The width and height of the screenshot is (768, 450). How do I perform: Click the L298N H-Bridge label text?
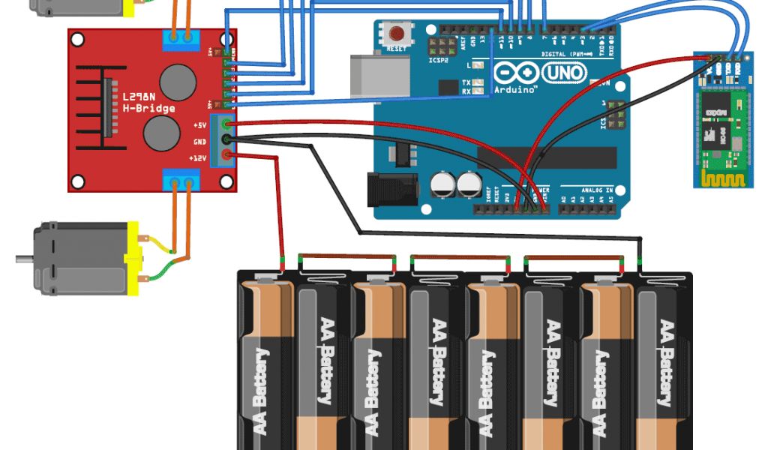(x=148, y=103)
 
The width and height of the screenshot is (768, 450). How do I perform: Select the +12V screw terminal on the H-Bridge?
(x=226, y=156)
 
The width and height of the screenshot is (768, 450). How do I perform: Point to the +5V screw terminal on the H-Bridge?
(x=226, y=124)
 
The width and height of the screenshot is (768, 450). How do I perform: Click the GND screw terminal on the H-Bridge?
(x=226, y=140)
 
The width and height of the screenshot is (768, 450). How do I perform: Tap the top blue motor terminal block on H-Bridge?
(x=181, y=39)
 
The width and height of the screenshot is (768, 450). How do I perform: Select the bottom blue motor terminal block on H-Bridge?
(x=181, y=181)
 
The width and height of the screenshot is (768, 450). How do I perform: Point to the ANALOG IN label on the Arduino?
(x=598, y=191)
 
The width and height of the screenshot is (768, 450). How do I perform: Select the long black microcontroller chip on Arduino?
(x=547, y=157)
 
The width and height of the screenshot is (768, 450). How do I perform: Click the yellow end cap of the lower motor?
(x=134, y=256)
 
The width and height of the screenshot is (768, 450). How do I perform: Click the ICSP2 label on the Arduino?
(x=438, y=61)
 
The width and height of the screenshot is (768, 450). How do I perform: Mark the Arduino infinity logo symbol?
(x=517, y=73)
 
